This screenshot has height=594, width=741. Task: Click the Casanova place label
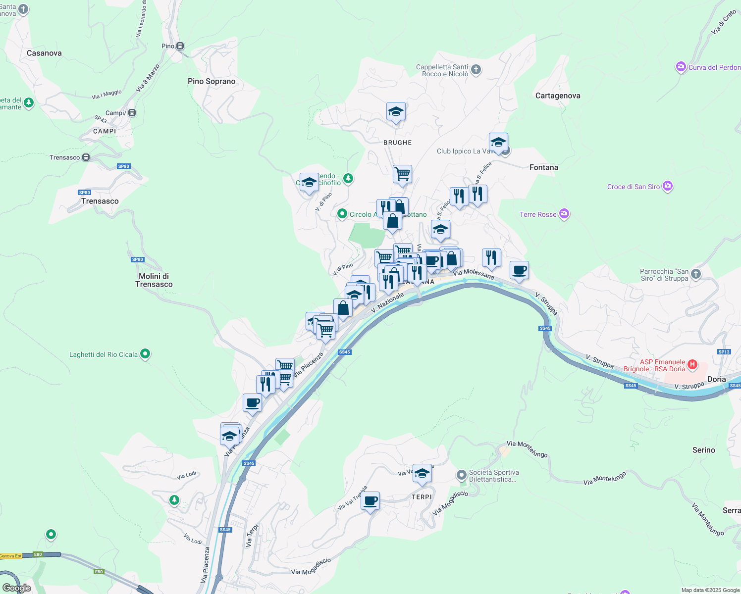(44, 53)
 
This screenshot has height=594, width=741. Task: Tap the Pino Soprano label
(212, 81)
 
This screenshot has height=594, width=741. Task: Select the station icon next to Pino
(180, 46)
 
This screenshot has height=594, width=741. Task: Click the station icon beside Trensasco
(86, 157)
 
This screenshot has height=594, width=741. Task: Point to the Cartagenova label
(558, 96)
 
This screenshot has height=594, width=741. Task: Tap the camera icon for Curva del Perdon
(681, 67)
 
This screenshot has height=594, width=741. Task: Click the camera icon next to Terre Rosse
(564, 214)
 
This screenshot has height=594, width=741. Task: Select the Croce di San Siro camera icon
(667, 186)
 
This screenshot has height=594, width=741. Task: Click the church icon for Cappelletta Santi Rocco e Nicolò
(476, 70)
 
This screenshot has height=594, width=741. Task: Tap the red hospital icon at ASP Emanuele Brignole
(692, 365)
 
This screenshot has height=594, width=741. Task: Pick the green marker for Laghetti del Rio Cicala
(145, 354)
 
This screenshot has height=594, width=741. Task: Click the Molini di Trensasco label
(154, 280)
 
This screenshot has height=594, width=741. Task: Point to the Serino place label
(703, 450)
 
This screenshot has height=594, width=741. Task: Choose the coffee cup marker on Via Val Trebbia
(370, 501)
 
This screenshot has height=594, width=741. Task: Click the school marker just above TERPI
(422, 473)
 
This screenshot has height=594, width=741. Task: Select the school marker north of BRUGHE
(396, 112)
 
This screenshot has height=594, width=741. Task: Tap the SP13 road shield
(724, 352)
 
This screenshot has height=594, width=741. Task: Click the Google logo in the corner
(16, 588)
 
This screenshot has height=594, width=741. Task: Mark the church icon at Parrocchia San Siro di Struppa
(696, 274)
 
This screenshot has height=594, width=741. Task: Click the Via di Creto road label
(724, 23)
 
